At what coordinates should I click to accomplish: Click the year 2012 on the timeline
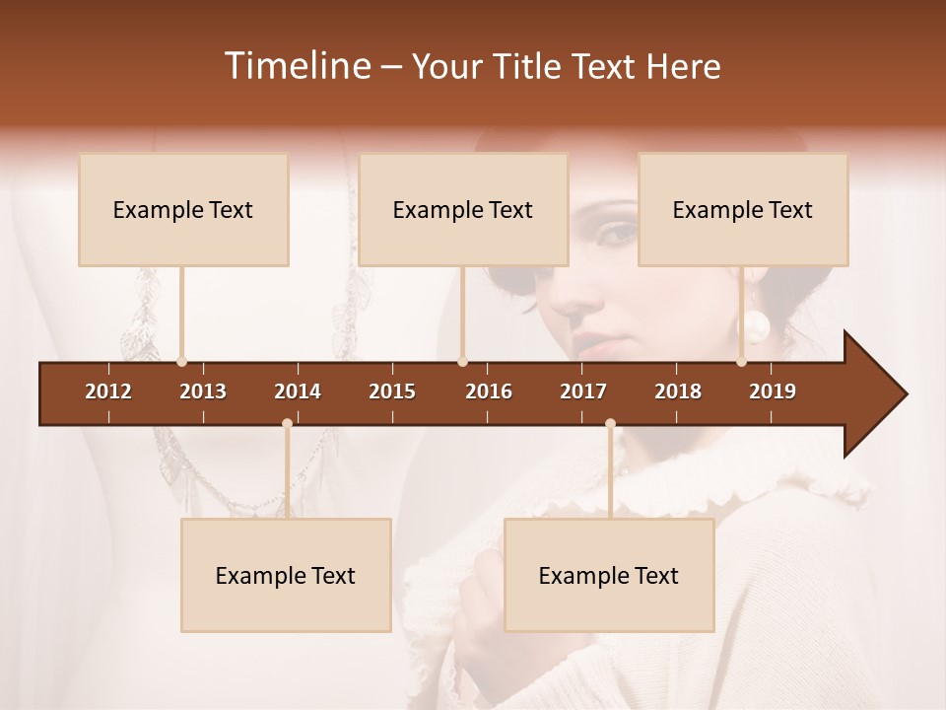(108, 391)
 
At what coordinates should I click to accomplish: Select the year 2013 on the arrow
(203, 391)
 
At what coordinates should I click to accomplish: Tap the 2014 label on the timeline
(298, 391)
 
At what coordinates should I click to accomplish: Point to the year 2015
(392, 391)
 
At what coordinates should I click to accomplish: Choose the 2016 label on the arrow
(489, 391)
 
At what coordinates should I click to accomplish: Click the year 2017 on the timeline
(583, 391)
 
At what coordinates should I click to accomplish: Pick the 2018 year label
(678, 391)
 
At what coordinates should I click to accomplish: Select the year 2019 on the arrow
(773, 391)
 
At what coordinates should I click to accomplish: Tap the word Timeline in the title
(296, 66)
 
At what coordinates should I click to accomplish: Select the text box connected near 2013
(183, 209)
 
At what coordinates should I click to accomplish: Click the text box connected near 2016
(463, 209)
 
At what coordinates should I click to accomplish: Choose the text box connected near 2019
(743, 209)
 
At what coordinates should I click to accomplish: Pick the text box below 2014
(286, 575)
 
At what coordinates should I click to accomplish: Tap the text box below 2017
(609, 575)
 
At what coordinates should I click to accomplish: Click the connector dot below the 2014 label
(287, 424)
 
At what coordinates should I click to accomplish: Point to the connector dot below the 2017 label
(610, 424)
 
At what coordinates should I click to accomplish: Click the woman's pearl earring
(757, 325)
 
